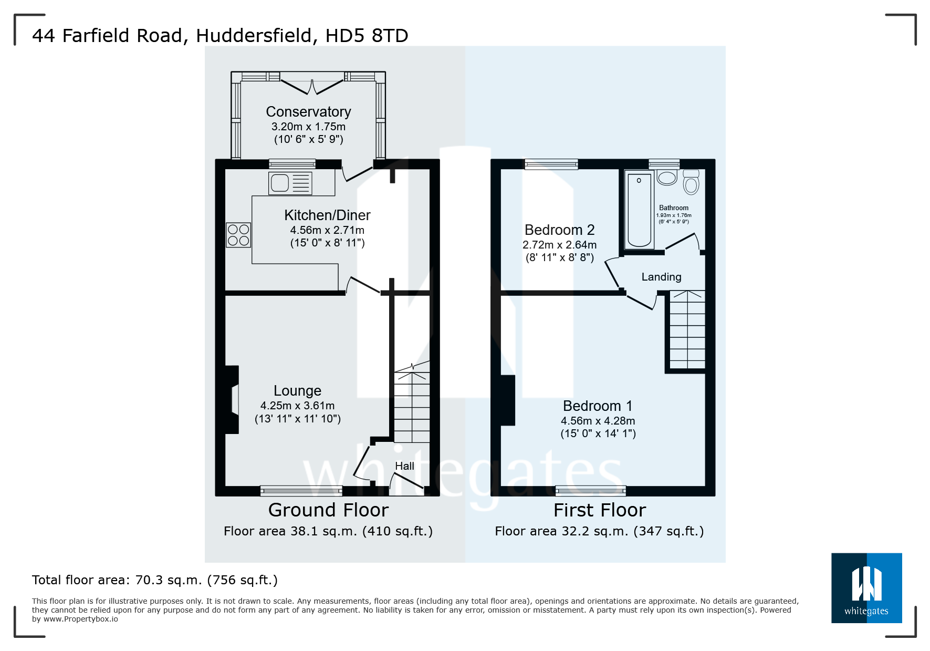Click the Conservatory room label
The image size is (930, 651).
click(308, 112)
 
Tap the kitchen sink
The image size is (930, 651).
click(290, 183)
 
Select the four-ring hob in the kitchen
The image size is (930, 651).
click(238, 235)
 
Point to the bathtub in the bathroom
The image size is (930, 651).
click(639, 210)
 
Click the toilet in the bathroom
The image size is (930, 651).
click(691, 182)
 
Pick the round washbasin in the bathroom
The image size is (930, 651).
click(667, 177)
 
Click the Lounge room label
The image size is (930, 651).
click(297, 391)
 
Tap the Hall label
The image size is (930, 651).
click(404, 466)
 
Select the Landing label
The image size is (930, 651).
click(661, 277)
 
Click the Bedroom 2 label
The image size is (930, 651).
click(559, 230)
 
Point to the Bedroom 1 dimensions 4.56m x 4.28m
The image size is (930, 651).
click(598, 421)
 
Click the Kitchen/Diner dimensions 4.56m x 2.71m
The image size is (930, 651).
click(327, 230)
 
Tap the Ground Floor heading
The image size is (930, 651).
click(328, 510)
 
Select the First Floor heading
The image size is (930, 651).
click(600, 510)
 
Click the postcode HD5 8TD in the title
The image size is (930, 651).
click(367, 36)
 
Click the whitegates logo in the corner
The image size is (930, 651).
click(866, 588)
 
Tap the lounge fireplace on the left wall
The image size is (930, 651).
click(232, 400)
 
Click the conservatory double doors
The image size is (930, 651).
click(312, 86)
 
